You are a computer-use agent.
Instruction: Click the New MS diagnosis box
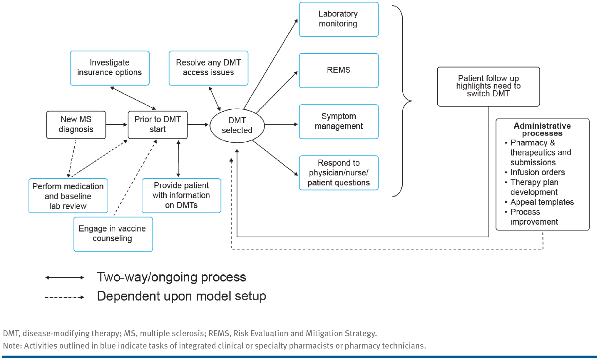[76, 125]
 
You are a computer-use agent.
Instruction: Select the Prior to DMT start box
[158, 125]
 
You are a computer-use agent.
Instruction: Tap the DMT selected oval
[237, 125]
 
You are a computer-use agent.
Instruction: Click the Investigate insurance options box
[109, 68]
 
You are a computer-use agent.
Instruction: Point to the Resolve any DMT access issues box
[208, 68]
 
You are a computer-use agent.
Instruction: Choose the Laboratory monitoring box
[338, 19]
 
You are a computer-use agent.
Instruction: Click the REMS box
[338, 70]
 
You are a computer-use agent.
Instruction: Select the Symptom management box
[338, 121]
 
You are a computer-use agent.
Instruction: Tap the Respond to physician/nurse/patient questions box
[338, 173]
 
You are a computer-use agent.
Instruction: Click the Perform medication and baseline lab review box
[68, 196]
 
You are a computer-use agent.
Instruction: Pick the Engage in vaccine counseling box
[113, 234]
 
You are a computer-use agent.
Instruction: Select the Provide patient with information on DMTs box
[181, 195]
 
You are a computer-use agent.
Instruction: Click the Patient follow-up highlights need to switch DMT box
[488, 86]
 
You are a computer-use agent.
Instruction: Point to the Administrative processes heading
[542, 130]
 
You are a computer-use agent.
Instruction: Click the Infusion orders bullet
[537, 172]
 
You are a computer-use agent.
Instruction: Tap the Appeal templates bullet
[542, 202]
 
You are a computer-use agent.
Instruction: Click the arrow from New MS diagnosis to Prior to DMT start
[116, 125]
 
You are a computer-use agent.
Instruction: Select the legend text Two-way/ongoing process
[171, 277]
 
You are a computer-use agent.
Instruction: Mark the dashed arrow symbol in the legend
[65, 297]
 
